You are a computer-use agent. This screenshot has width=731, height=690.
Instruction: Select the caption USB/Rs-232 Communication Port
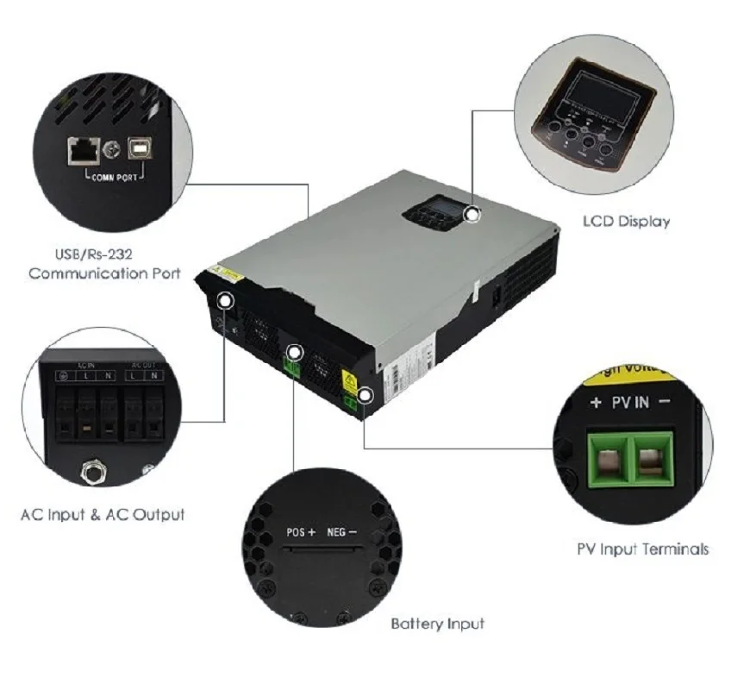click(x=104, y=263)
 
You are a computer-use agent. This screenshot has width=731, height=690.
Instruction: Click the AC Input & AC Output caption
click(x=103, y=515)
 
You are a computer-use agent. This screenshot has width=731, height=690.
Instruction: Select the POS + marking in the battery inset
click(x=301, y=532)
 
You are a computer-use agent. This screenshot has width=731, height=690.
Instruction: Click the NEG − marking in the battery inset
click(x=341, y=532)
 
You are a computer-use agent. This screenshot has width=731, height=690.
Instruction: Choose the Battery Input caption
click(x=437, y=623)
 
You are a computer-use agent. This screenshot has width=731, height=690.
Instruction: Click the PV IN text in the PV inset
click(x=629, y=403)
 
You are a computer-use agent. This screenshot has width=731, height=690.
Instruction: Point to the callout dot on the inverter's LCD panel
click(x=472, y=214)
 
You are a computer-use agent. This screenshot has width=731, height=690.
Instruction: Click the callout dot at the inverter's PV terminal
click(x=366, y=396)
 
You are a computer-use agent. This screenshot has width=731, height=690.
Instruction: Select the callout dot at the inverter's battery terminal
click(x=295, y=352)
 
